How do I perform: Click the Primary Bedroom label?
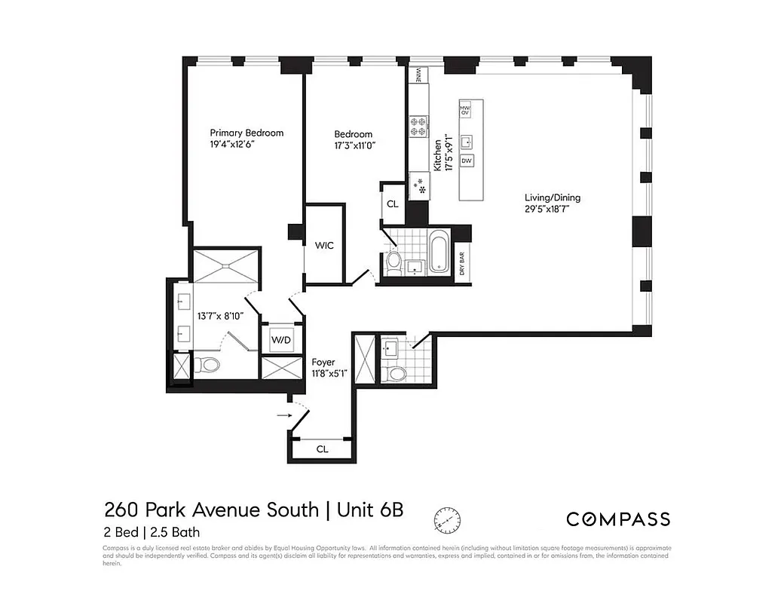(247, 133)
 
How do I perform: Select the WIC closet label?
(325, 245)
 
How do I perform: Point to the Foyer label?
(323, 362)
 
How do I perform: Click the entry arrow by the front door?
(284, 414)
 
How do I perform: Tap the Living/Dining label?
(553, 198)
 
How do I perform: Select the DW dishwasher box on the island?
(467, 161)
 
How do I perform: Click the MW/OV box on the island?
(465, 109)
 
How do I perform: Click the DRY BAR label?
(462, 263)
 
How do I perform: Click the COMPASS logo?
(617, 519)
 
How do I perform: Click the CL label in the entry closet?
(322, 449)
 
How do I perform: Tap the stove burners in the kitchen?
(418, 125)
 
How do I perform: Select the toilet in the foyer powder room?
(394, 372)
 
